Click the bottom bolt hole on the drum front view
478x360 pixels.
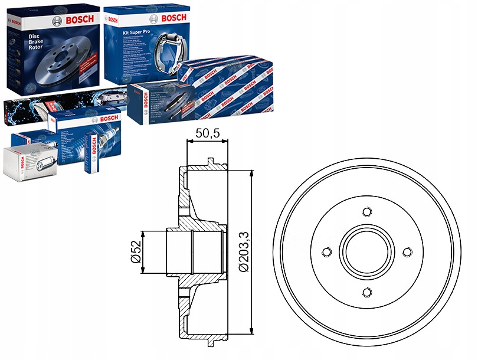[367, 292]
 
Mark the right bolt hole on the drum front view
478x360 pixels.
[407, 252]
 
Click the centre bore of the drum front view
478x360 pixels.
[367, 252]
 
